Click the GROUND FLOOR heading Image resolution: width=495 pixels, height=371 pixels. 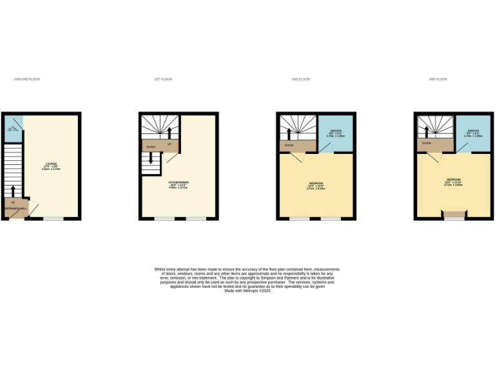click(x=27, y=79)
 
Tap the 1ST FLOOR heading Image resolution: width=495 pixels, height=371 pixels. click(x=163, y=79)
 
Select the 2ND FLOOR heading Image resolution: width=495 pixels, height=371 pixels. click(x=300, y=79)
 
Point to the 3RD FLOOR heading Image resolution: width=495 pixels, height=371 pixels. click(x=438, y=79)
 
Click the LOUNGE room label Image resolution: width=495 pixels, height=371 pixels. click(x=51, y=164)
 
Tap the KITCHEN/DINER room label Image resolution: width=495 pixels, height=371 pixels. click(x=179, y=183)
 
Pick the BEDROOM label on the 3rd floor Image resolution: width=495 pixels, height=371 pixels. click(x=453, y=179)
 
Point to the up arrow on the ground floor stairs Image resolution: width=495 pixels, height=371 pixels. click(x=12, y=190)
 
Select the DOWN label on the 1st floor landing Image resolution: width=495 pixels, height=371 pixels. click(x=151, y=147)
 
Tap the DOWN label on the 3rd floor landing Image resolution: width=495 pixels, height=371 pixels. click(x=427, y=143)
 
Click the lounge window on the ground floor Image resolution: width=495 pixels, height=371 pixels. click(x=53, y=219)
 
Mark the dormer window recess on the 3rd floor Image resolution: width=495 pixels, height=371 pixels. click(x=454, y=214)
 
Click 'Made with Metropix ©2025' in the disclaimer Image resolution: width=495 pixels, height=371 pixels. click(x=247, y=290)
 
